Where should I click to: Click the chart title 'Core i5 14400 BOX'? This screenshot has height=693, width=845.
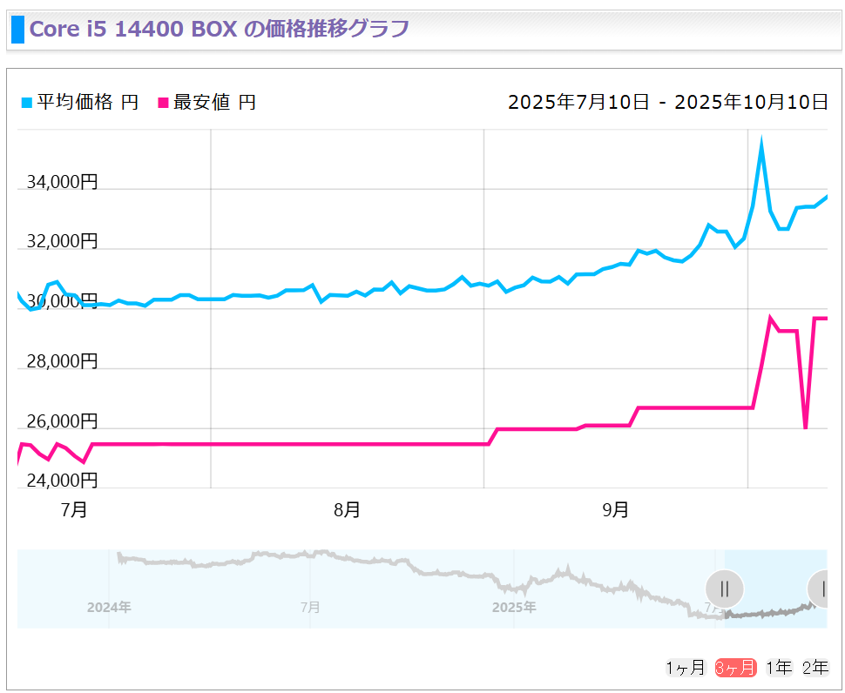(x=133, y=29)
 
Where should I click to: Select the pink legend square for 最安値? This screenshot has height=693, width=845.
(x=162, y=103)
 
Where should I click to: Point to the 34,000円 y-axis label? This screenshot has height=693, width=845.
(x=62, y=182)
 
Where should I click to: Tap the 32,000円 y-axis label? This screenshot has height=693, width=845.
(x=62, y=241)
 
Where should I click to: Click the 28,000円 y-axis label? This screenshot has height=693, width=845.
(x=62, y=361)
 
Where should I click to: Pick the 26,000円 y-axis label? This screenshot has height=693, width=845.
(x=62, y=421)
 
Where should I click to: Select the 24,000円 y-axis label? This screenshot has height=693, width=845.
(x=62, y=481)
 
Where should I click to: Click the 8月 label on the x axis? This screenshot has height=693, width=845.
(x=347, y=510)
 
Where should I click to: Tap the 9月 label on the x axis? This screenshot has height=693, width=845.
(x=615, y=510)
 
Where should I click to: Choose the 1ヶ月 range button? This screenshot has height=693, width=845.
(x=685, y=668)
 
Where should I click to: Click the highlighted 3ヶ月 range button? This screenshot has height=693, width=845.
(x=734, y=668)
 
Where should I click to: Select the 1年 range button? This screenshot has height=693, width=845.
(x=779, y=668)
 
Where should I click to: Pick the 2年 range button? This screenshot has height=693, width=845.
(x=815, y=668)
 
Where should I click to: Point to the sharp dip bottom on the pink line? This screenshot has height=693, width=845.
(x=806, y=427)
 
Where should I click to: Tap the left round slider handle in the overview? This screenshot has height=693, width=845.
(x=724, y=589)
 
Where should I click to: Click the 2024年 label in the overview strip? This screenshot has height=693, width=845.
(x=109, y=607)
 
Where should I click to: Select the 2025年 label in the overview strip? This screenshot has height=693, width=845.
(x=513, y=607)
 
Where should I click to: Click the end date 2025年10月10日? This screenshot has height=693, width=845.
(x=752, y=103)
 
